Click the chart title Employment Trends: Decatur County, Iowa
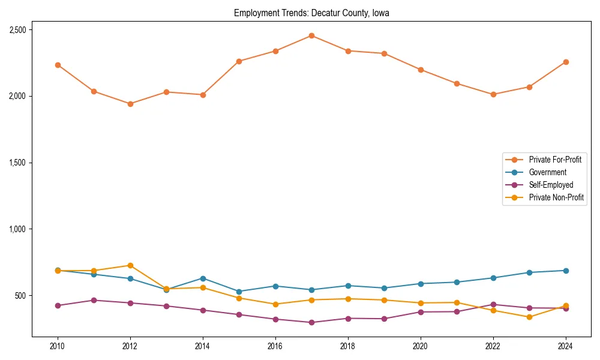pyautogui.click(x=311, y=13)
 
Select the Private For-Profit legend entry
pyautogui.click(x=555, y=160)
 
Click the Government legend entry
pyautogui.click(x=547, y=172)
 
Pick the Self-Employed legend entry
pyautogui.click(x=551, y=185)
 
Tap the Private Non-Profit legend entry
pyautogui.click(x=556, y=197)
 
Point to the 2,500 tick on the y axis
pyautogui.click(x=21, y=30)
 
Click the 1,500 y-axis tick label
pyautogui.click(x=21, y=163)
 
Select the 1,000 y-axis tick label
pyautogui.click(x=21, y=229)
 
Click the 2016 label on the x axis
pyautogui.click(x=275, y=346)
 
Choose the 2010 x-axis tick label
pyautogui.click(x=58, y=346)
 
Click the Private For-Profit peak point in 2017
pyautogui.click(x=311, y=35)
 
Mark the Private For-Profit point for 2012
pyautogui.click(x=130, y=104)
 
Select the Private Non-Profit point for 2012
pyautogui.click(x=130, y=265)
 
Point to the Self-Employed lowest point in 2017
pyautogui.click(x=311, y=322)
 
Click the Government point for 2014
pyautogui.click(x=203, y=278)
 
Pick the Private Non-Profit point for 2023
pyautogui.click(x=529, y=317)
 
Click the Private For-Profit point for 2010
pyautogui.click(x=58, y=65)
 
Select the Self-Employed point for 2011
pyautogui.click(x=94, y=300)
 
